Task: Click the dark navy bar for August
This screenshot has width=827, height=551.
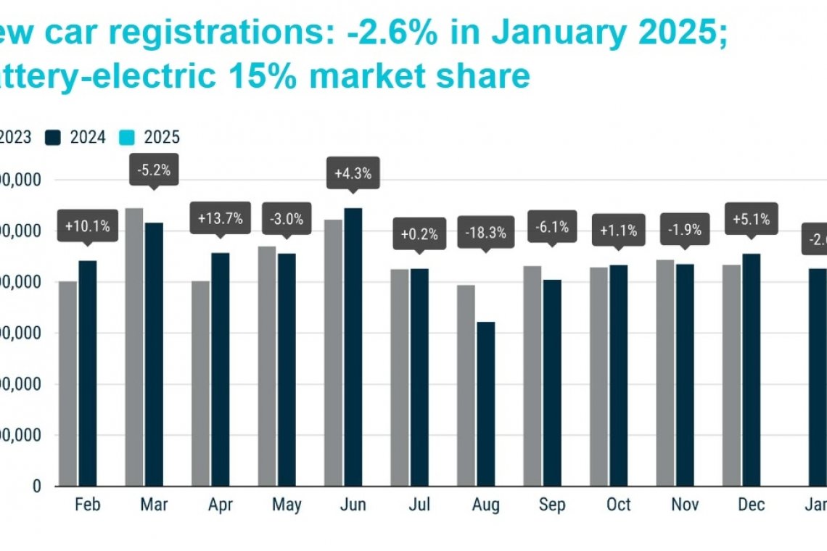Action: click(485, 404)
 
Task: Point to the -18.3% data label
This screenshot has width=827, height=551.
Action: click(486, 233)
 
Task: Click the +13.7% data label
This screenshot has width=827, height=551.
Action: click(221, 217)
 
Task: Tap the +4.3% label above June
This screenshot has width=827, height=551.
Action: click(353, 173)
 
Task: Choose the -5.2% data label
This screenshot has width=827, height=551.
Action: click(153, 171)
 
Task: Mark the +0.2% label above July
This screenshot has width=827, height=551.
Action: click(419, 233)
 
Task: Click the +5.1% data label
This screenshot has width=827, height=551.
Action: click(751, 218)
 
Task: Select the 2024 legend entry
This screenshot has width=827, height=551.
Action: click(78, 137)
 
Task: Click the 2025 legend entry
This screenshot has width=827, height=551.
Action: click(152, 137)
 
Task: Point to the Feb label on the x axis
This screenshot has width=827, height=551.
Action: click(87, 505)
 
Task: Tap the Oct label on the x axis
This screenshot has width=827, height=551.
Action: click(618, 505)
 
